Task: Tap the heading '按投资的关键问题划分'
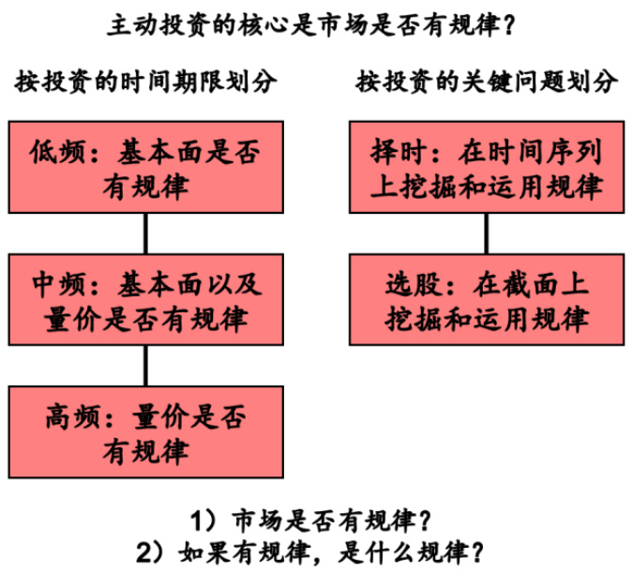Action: pyautogui.click(x=486, y=82)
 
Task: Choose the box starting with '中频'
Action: pyautogui.click(x=144, y=299)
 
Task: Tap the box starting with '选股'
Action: pyautogui.click(x=485, y=299)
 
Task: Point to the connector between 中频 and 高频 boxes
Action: pyautogui.click(x=144, y=365)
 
